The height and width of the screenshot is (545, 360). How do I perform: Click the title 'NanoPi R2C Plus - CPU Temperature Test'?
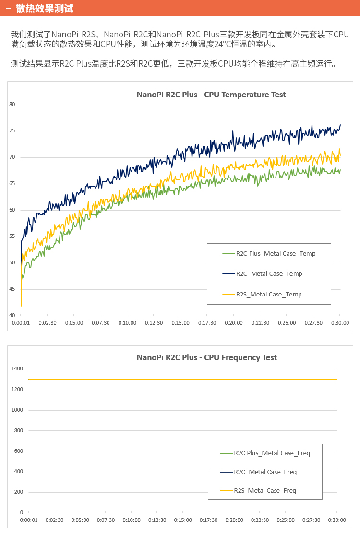pyautogui.click(x=211, y=95)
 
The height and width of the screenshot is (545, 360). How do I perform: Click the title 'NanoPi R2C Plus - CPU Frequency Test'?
pyautogui.click(x=207, y=357)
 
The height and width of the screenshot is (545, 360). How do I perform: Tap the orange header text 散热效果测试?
pyautogui.click(x=44, y=9)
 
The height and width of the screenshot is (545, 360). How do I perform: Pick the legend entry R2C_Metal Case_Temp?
pyautogui.click(x=269, y=273)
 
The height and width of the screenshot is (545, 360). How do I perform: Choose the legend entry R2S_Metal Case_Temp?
pyautogui.click(x=269, y=294)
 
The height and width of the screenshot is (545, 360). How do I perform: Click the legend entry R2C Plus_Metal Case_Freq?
pyautogui.click(x=272, y=453)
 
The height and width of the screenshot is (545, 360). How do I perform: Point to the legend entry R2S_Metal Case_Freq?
pyautogui.click(x=265, y=490)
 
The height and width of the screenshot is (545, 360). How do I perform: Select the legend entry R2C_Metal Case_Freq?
pyautogui.click(x=265, y=472)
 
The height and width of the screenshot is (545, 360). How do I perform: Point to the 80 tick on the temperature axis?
pyautogui.click(x=12, y=104)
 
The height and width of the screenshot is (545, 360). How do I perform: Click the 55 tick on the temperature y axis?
pyautogui.click(x=12, y=236)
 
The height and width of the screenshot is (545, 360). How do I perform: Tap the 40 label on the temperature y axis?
pyautogui.click(x=12, y=315)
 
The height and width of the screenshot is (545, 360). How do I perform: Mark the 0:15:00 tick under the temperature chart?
pyautogui.click(x=180, y=323)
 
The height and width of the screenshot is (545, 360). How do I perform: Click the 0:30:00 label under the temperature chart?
pyautogui.click(x=340, y=323)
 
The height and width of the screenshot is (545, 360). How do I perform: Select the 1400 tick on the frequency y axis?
pyautogui.click(x=18, y=368)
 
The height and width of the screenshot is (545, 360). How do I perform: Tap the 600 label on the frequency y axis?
pyautogui.click(x=19, y=451)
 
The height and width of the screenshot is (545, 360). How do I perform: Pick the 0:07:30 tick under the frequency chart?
pyautogui.click(x=106, y=520)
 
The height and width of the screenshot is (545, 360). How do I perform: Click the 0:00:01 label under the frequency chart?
pyautogui.click(x=29, y=520)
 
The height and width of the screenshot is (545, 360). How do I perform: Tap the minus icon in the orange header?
pyautogui.click(x=8, y=9)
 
